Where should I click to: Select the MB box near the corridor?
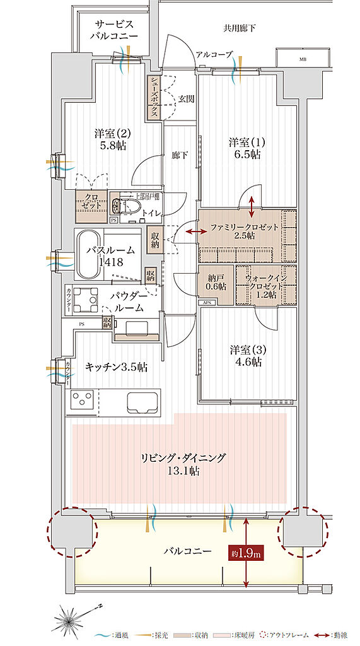305,59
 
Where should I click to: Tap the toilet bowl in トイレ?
120,205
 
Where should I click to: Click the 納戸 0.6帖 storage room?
216,281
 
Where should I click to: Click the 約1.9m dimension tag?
246,553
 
